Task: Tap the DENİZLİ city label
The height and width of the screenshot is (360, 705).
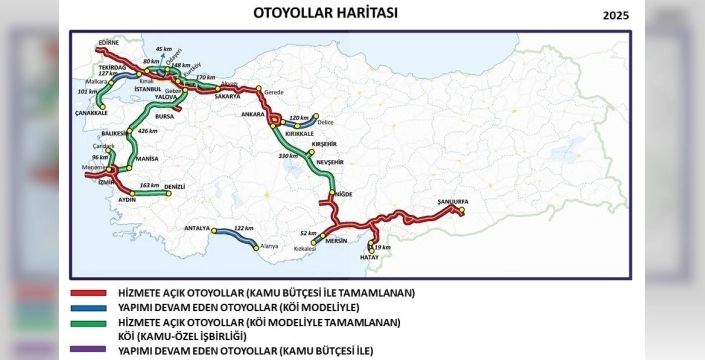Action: [175, 187]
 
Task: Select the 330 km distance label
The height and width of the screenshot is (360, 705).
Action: [288, 156]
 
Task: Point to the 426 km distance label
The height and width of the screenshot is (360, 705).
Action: [148, 131]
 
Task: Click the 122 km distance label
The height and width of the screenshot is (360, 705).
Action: [242, 229]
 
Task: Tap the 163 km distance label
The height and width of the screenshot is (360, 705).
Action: [149, 185]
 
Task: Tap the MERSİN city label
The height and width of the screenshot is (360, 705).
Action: [336, 255]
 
